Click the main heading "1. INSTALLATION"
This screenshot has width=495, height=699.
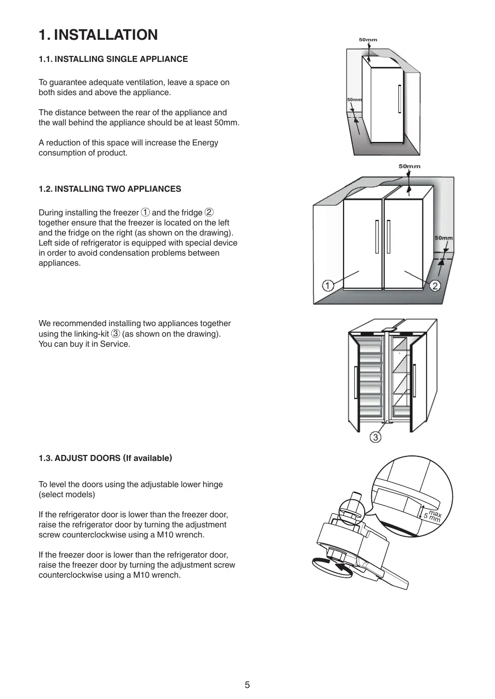[x=98, y=35]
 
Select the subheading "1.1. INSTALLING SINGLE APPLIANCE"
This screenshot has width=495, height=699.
[x=113, y=59]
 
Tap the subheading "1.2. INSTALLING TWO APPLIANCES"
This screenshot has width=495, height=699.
[x=110, y=189]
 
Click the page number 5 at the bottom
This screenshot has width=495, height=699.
[x=247, y=684]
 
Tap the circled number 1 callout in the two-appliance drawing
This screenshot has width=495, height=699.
[x=327, y=286]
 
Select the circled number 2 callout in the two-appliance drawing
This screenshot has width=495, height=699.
[x=435, y=286]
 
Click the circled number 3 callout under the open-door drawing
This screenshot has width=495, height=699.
[x=375, y=437]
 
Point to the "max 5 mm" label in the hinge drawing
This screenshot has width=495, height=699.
[x=432, y=516]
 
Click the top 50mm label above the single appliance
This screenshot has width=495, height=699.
[x=368, y=40]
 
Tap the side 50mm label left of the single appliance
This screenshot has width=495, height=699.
[x=354, y=100]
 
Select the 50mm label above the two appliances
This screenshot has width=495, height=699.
[x=409, y=166]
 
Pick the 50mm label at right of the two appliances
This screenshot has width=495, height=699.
[x=443, y=238]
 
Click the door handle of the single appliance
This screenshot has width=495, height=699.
[x=399, y=99]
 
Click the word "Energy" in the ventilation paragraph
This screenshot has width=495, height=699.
[x=205, y=142]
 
